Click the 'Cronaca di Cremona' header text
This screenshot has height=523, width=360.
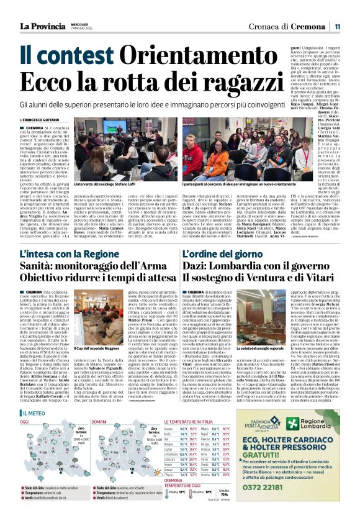[287, 26]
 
